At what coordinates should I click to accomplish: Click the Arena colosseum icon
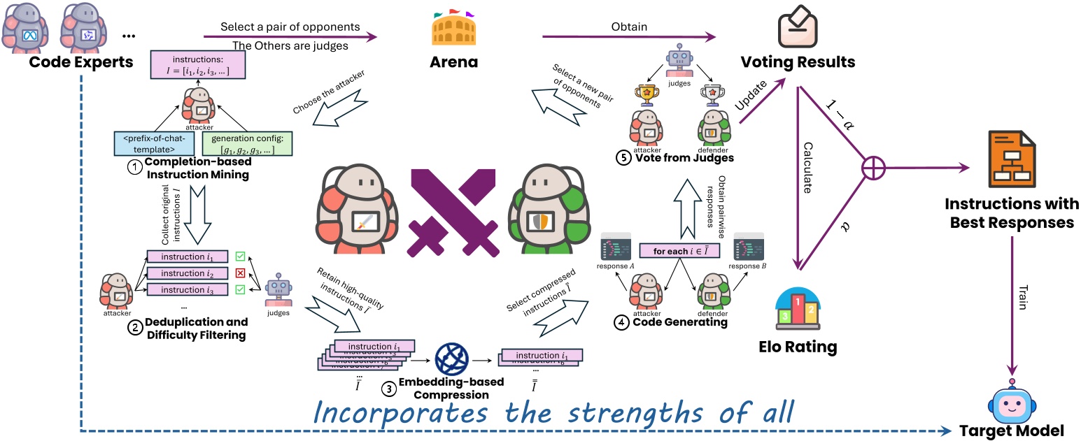tap(453, 31)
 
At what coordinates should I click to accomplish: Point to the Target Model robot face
tap(1012, 405)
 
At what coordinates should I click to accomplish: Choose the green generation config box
tap(247, 143)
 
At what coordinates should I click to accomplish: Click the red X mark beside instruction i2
tap(241, 273)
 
